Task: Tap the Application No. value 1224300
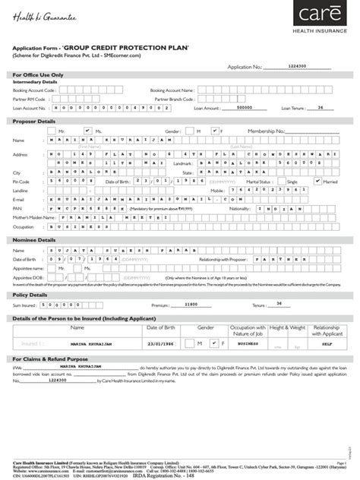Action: (x=298, y=66)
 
